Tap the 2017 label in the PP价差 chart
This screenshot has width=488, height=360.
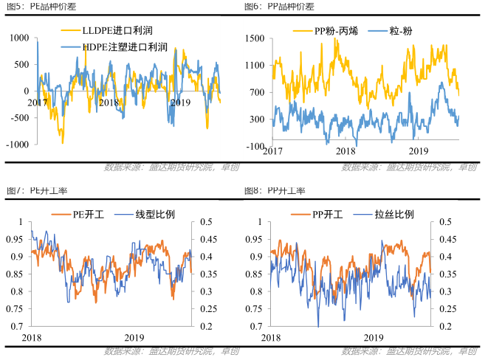(x=272, y=152)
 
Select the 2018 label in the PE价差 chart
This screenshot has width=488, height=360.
(x=109, y=103)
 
